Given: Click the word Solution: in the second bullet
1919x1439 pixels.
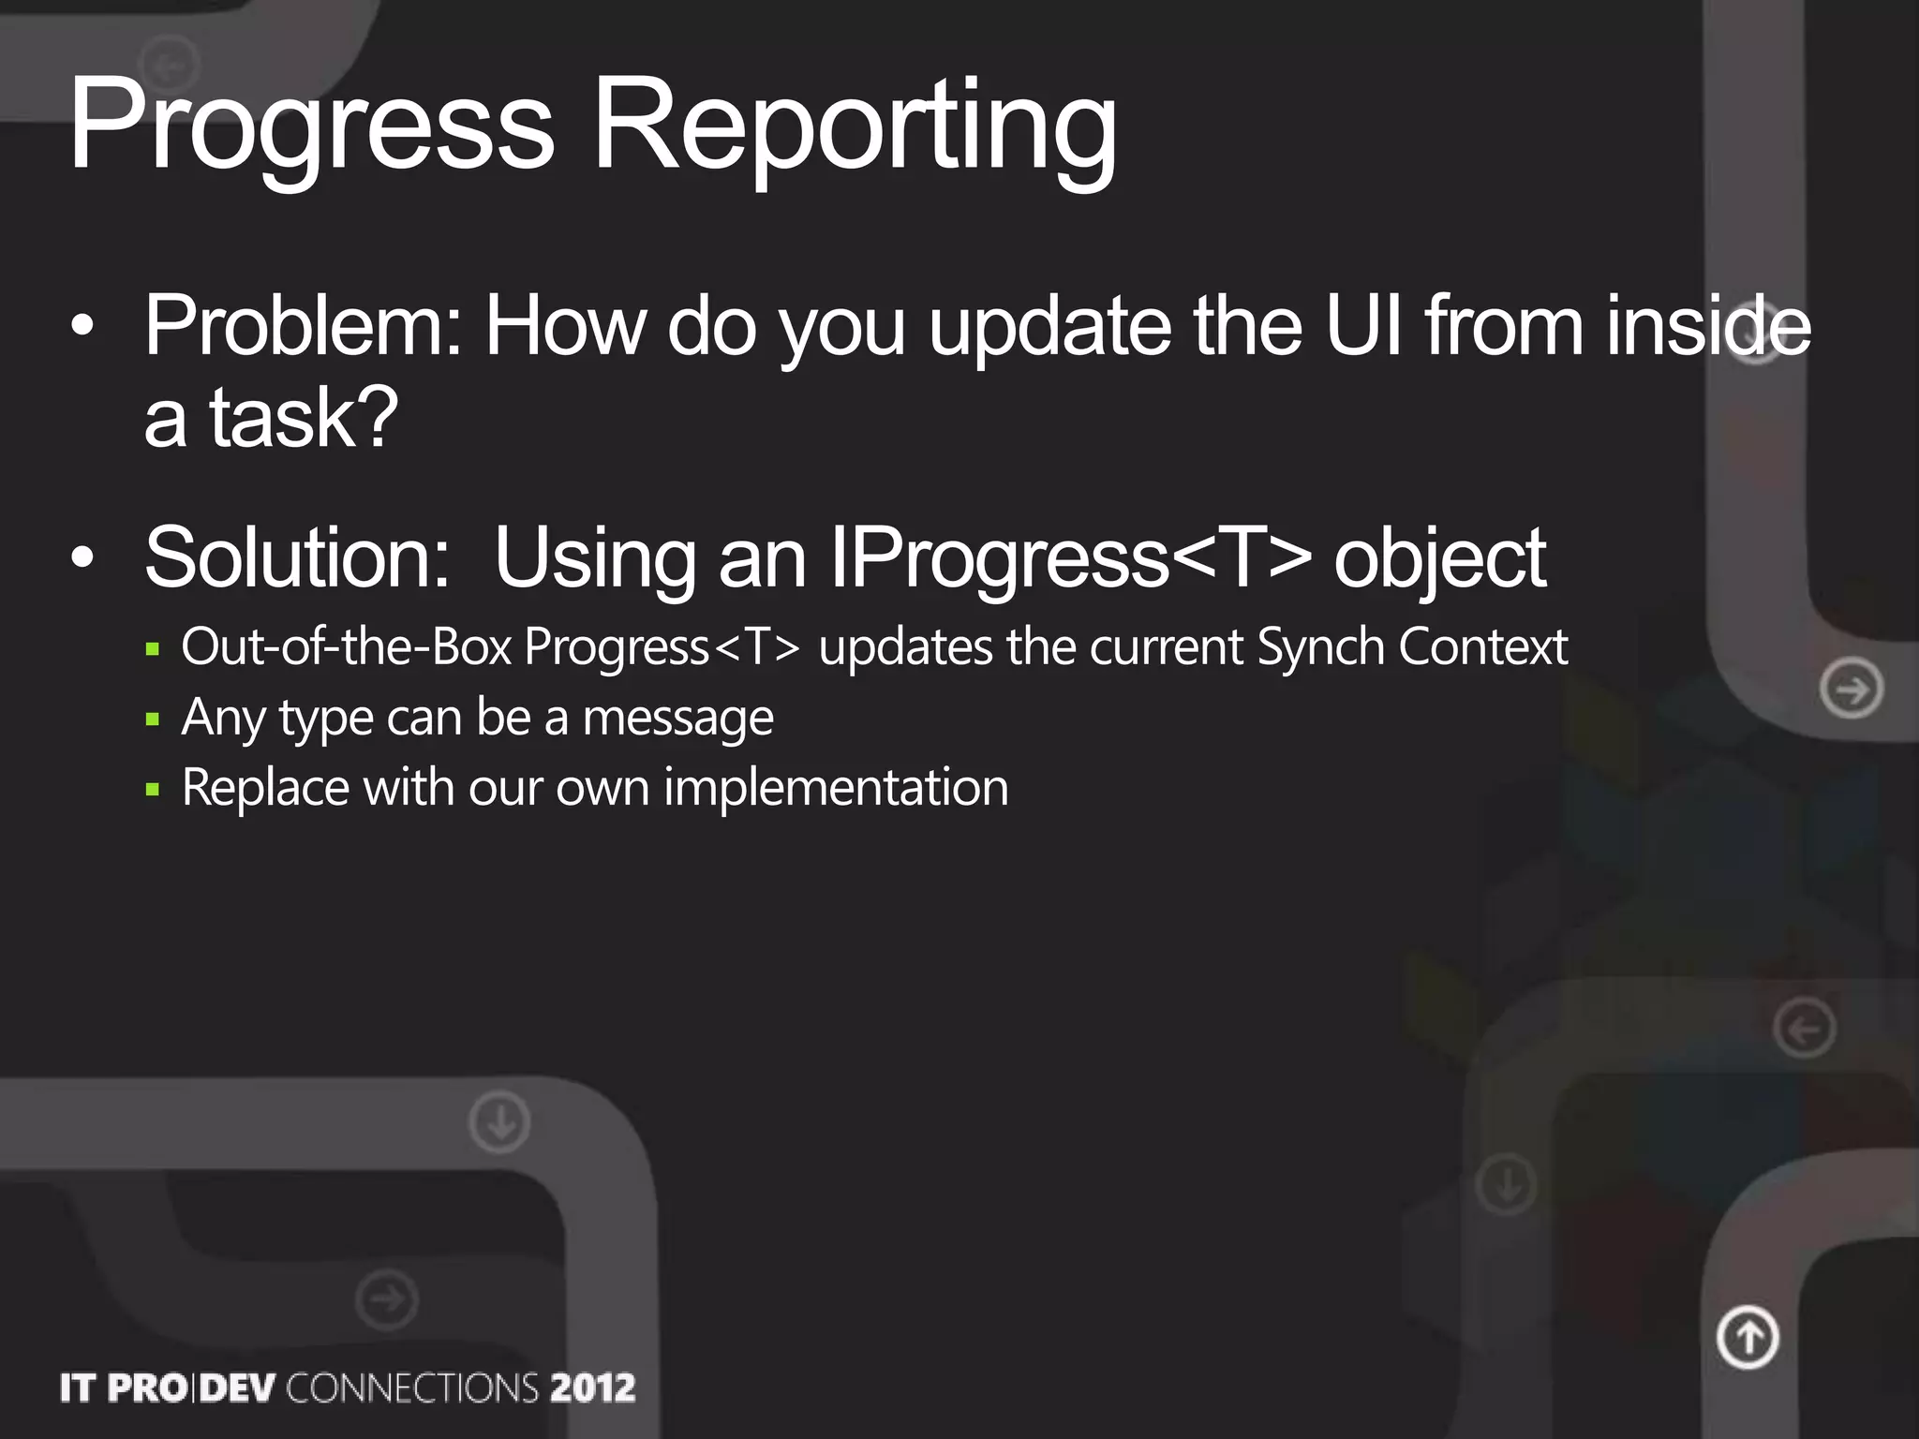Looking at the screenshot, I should [298, 558].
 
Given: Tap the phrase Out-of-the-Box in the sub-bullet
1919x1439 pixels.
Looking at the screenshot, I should [347, 646].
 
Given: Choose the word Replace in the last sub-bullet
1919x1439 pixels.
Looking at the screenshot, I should [265, 787].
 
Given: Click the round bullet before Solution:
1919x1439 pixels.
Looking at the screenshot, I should [82, 558].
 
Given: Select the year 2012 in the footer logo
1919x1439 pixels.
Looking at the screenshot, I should [592, 1387].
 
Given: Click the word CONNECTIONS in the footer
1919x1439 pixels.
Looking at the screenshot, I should [412, 1387].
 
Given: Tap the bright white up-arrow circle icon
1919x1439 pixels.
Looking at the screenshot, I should [1748, 1337].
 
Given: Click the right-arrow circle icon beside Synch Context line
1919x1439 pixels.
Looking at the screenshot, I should [1852, 690].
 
